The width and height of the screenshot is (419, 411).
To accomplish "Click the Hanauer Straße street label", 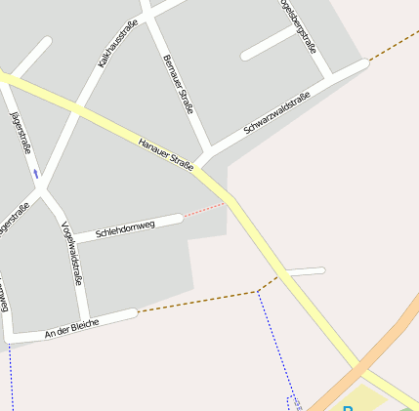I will coord(165,154).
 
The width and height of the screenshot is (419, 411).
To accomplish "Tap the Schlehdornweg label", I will coord(125,229).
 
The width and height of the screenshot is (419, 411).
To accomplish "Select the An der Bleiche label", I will coord(72,328).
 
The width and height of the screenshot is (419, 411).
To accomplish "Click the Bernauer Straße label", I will coord(179,83).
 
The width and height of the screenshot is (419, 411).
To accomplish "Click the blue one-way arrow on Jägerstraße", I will coord(36,173).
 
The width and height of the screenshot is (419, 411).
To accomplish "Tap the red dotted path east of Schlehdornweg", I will coord(204,210).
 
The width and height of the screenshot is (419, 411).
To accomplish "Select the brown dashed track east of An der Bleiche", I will coord(195,302).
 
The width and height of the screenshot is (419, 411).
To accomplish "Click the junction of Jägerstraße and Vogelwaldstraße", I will coord(44,191).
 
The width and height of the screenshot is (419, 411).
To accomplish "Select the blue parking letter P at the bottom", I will coord(348,407).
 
